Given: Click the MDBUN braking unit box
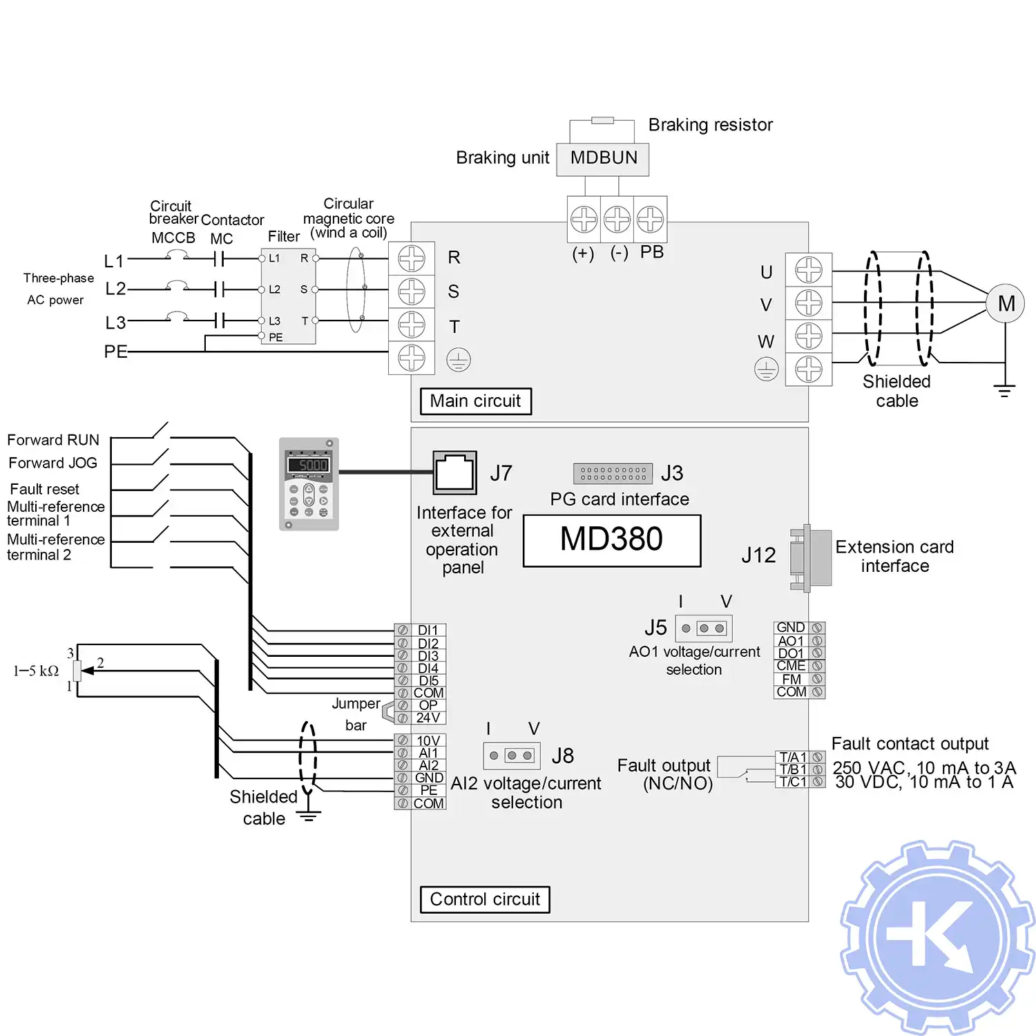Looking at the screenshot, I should click(603, 159).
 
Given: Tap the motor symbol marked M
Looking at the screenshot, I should click(1006, 303).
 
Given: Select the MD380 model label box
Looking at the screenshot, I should click(612, 540).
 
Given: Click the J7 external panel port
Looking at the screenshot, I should click(454, 473).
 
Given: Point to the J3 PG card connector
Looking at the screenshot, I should click(613, 473).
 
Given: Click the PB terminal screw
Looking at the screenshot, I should click(650, 220).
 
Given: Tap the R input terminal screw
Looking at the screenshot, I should click(412, 259).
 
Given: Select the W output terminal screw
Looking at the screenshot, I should click(809, 336).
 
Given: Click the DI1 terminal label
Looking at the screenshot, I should click(428, 630).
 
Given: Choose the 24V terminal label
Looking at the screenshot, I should click(428, 718).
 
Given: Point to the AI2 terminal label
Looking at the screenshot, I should click(428, 765).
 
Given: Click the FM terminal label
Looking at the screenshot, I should click(791, 679).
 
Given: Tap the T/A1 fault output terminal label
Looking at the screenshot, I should click(792, 757).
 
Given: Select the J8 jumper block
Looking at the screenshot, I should click(511, 756).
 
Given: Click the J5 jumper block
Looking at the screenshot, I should click(703, 629).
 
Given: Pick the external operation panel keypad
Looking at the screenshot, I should click(309, 484).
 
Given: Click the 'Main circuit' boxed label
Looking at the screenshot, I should click(476, 401).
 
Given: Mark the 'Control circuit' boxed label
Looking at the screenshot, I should click(485, 899).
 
